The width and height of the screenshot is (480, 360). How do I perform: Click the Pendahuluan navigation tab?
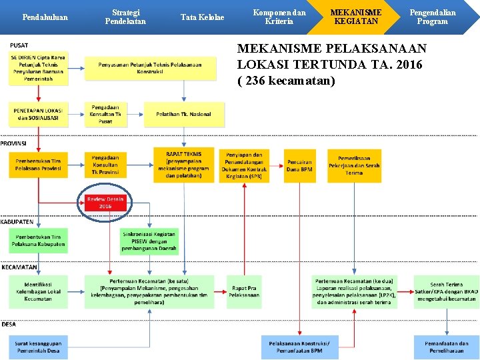point(45,17)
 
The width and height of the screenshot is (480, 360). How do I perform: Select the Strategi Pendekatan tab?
point(125,17)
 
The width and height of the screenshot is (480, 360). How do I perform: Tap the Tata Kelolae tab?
point(203,17)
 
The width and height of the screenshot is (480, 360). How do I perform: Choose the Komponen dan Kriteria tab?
point(279,17)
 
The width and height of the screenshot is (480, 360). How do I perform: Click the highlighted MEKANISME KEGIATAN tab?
point(356,17)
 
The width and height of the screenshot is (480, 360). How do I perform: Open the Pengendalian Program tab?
point(432,17)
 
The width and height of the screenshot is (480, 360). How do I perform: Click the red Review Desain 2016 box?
point(105,203)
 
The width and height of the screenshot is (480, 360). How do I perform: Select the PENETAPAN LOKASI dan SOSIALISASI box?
point(38,114)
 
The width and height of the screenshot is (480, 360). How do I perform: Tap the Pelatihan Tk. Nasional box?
point(183,114)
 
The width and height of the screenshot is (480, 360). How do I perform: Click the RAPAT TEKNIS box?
point(183,164)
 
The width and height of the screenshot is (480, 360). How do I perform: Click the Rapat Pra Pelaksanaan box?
point(244,291)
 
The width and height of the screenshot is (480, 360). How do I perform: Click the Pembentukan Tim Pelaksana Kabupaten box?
point(38,241)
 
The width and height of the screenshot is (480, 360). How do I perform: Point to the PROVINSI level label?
point(14,143)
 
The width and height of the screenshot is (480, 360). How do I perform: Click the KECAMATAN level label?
point(19,267)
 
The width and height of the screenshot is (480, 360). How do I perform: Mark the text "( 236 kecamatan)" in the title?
point(286,81)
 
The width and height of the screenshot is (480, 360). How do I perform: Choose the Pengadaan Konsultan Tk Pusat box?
point(105,114)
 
